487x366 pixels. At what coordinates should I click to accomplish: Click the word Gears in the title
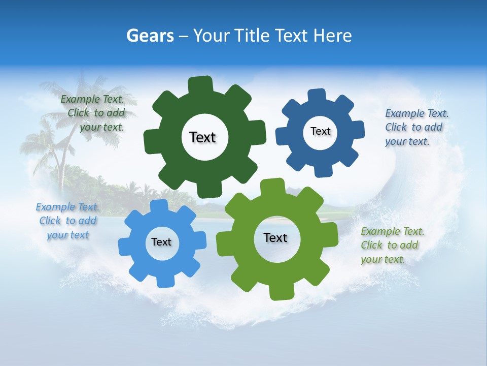[x=150, y=36]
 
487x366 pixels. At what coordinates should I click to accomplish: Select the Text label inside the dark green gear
[x=202, y=137]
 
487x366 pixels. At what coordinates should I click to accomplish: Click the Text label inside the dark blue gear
[x=320, y=131]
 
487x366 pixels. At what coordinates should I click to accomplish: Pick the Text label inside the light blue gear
[x=161, y=242]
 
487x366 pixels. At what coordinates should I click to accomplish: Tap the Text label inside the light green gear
[x=275, y=237]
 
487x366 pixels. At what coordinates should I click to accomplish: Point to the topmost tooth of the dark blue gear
[x=317, y=95]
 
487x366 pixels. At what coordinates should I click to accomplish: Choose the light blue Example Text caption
[x=67, y=221]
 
